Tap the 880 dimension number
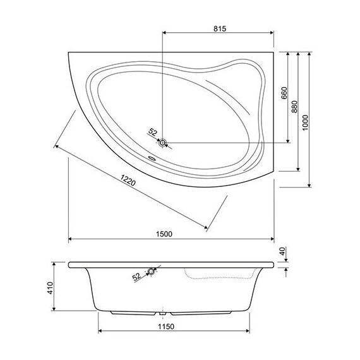(x=294, y=109)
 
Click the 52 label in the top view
(x=152, y=132)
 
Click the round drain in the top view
(x=163, y=143)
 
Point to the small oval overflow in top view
(x=152, y=159)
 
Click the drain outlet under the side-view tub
(x=164, y=313)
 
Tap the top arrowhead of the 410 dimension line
(x=56, y=263)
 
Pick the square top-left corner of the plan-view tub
(x=68, y=52)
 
